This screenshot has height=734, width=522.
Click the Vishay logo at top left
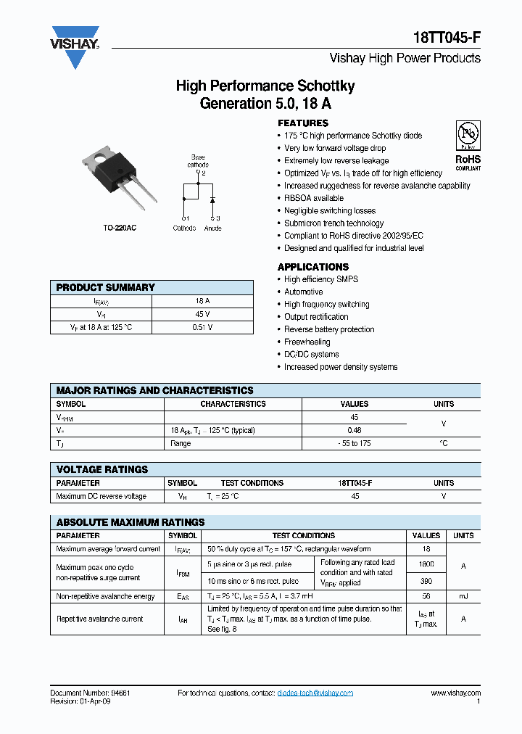(x=75, y=46)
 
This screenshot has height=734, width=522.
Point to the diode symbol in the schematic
(x=212, y=199)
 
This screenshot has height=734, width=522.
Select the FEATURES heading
(x=303, y=123)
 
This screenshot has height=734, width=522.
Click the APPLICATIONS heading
(x=313, y=267)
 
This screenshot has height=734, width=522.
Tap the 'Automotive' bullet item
(x=303, y=292)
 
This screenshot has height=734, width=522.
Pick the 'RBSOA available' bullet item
(x=314, y=198)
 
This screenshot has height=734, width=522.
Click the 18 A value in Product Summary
(x=202, y=301)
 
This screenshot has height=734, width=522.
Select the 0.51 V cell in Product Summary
(x=202, y=327)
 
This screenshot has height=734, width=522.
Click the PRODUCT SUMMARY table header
(x=106, y=287)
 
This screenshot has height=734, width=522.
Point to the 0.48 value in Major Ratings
(x=355, y=430)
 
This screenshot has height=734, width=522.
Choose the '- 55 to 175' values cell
(x=355, y=443)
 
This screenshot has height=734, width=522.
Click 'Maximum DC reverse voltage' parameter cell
(x=101, y=496)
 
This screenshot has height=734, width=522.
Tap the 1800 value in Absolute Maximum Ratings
(x=426, y=564)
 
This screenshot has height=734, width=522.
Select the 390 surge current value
(x=426, y=582)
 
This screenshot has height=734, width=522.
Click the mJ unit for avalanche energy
(x=463, y=596)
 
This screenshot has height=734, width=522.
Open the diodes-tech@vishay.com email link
(x=315, y=693)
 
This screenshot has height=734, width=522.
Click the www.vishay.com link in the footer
(x=455, y=693)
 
